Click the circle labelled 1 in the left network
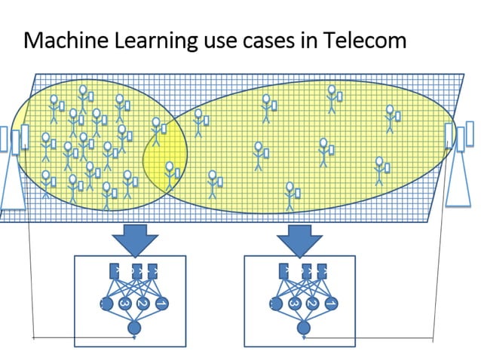point(160,304)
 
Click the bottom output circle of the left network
point(134,328)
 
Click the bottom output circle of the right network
point(303,328)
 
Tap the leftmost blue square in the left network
point(115,270)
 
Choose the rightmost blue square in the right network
point(322,270)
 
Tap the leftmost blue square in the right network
point(284,270)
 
